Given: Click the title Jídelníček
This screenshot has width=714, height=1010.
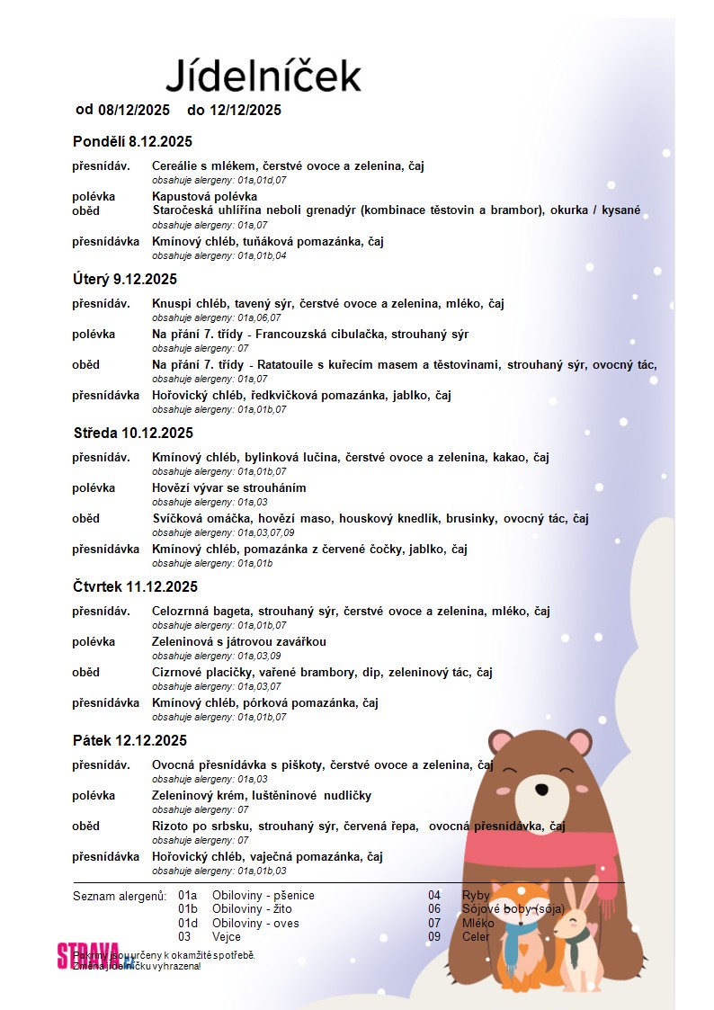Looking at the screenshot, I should click(263, 76).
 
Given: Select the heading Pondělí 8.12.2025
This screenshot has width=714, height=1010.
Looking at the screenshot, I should click(132, 141).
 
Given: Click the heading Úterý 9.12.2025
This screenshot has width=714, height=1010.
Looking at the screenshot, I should click(125, 279).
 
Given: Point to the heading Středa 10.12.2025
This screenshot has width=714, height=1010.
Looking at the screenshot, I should click(133, 433).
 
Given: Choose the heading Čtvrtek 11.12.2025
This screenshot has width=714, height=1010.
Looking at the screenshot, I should click(135, 586).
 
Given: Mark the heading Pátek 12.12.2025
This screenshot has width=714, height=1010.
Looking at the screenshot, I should click(129, 740).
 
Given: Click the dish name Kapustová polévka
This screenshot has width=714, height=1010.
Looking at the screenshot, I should click(204, 196).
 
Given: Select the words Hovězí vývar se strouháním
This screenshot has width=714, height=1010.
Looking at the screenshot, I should click(228, 487).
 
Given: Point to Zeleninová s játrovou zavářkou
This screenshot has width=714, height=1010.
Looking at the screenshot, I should click(238, 641).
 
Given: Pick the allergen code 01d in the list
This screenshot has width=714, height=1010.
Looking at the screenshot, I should click(188, 923).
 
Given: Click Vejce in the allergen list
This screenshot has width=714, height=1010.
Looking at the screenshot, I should click(227, 936).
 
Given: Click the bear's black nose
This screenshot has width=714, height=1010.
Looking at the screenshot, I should click(540, 791).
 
